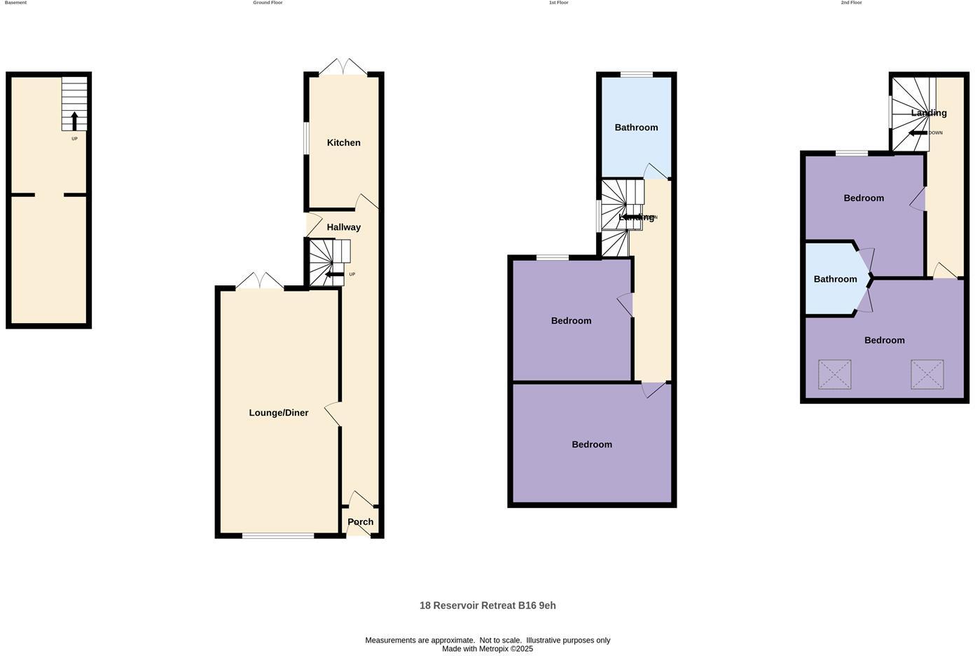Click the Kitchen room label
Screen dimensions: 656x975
pyautogui.click(x=344, y=143)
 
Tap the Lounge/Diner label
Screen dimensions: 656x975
pyautogui.click(x=279, y=413)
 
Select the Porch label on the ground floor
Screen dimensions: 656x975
pyautogui.click(x=361, y=522)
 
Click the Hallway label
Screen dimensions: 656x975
pyautogui.click(x=344, y=227)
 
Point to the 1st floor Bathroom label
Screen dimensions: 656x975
pyautogui.click(x=636, y=128)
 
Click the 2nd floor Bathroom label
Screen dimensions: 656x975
pyautogui.click(x=835, y=279)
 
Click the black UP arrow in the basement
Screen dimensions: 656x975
pyautogui.click(x=74, y=121)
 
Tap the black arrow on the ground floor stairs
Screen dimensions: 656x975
pyautogui.click(x=334, y=274)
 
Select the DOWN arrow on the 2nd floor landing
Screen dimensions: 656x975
pyautogui.click(x=918, y=132)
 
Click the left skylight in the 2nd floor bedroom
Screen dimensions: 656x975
pyautogui.click(x=835, y=374)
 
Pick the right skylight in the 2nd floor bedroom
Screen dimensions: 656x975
pyautogui.click(x=927, y=374)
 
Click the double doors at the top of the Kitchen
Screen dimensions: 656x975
pyautogui.click(x=343, y=68)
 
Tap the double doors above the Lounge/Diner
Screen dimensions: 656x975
pyautogui.click(x=260, y=282)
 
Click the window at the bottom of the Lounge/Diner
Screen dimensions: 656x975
pyautogui.click(x=278, y=536)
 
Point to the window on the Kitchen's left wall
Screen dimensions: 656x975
pyautogui.click(x=306, y=138)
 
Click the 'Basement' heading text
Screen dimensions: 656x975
pyautogui.click(x=15, y=3)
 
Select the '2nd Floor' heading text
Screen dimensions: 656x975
pyautogui.click(x=851, y=3)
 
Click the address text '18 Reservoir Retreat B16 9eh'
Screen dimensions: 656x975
pyautogui.click(x=488, y=606)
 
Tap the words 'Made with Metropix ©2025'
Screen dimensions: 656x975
pyautogui.click(x=488, y=649)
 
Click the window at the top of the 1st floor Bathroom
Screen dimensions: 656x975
pyautogui.click(x=637, y=74)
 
